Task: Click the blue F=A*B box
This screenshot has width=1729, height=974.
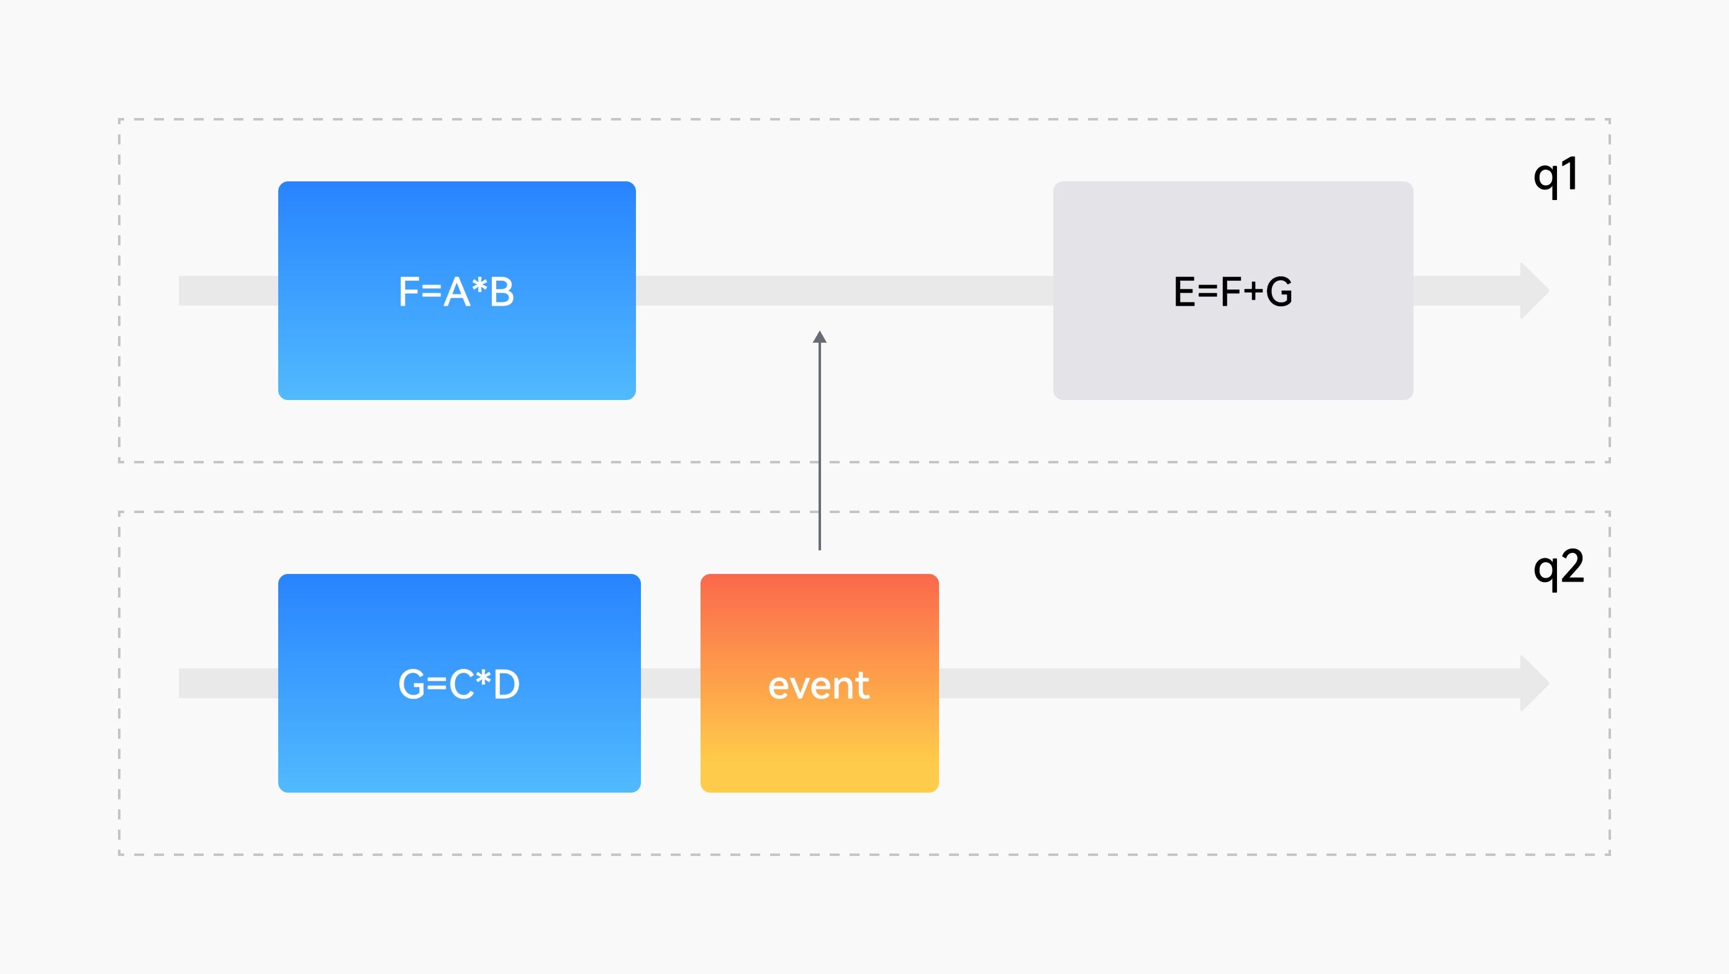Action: tap(457, 291)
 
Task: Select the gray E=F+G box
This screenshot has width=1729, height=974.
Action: tap(1233, 291)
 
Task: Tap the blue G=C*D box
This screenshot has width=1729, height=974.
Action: tap(460, 683)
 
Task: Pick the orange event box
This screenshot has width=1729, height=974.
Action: tap(820, 683)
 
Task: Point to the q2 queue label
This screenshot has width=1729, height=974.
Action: tap(1558, 569)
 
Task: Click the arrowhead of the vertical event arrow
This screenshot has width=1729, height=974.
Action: tap(820, 337)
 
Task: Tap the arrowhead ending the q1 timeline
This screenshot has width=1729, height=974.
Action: tap(1535, 291)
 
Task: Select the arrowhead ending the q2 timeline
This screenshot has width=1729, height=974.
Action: tap(1535, 683)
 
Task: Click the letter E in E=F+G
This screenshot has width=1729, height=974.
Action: tap(1185, 292)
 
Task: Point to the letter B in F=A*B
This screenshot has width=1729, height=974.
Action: tap(502, 293)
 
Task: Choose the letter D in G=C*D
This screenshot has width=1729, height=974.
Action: tap(506, 685)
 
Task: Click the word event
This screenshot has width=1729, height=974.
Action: tap(819, 685)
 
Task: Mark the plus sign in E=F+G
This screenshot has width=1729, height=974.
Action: tap(1253, 293)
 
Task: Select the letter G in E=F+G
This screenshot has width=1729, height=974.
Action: tap(1279, 292)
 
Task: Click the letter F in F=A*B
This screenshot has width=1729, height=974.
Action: tap(409, 293)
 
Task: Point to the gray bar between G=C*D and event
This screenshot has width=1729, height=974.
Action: tap(671, 683)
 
